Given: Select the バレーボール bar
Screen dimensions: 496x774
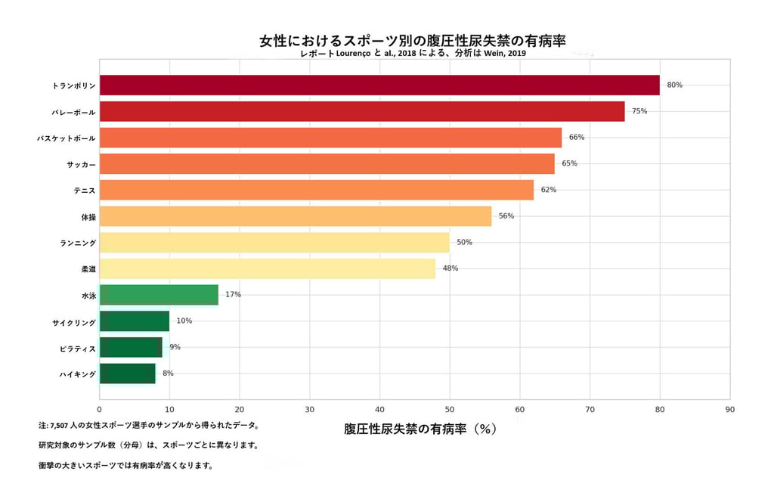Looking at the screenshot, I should [x=362, y=111].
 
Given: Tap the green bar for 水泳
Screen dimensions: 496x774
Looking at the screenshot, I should [x=159, y=295].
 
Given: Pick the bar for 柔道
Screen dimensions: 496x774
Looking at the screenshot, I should [x=268, y=268].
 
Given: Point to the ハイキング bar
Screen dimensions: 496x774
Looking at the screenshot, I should [x=127, y=374].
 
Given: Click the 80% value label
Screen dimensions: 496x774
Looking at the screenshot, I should [x=674, y=85].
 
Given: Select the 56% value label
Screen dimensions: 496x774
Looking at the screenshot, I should [x=506, y=215].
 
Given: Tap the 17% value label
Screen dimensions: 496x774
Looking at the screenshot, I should [x=233, y=294].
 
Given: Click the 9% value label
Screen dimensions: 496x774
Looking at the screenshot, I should [x=175, y=347].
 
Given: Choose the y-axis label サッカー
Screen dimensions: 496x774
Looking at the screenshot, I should [x=81, y=164].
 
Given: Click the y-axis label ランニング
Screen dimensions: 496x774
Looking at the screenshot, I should [x=78, y=243].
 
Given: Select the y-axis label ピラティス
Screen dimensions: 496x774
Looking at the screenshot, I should [x=78, y=349].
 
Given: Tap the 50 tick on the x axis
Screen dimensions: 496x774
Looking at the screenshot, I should [x=450, y=409].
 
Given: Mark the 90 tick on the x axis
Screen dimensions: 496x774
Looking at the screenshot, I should [x=729, y=409].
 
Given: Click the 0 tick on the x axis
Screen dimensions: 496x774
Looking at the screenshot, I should [x=100, y=409].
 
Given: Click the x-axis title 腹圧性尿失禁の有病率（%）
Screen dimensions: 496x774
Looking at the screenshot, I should [x=420, y=429].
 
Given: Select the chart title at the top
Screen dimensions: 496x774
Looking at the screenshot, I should [x=413, y=40].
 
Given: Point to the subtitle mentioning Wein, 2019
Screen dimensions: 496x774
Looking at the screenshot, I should [x=413, y=54].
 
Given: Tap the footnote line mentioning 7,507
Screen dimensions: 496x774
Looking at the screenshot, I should [x=149, y=426].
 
